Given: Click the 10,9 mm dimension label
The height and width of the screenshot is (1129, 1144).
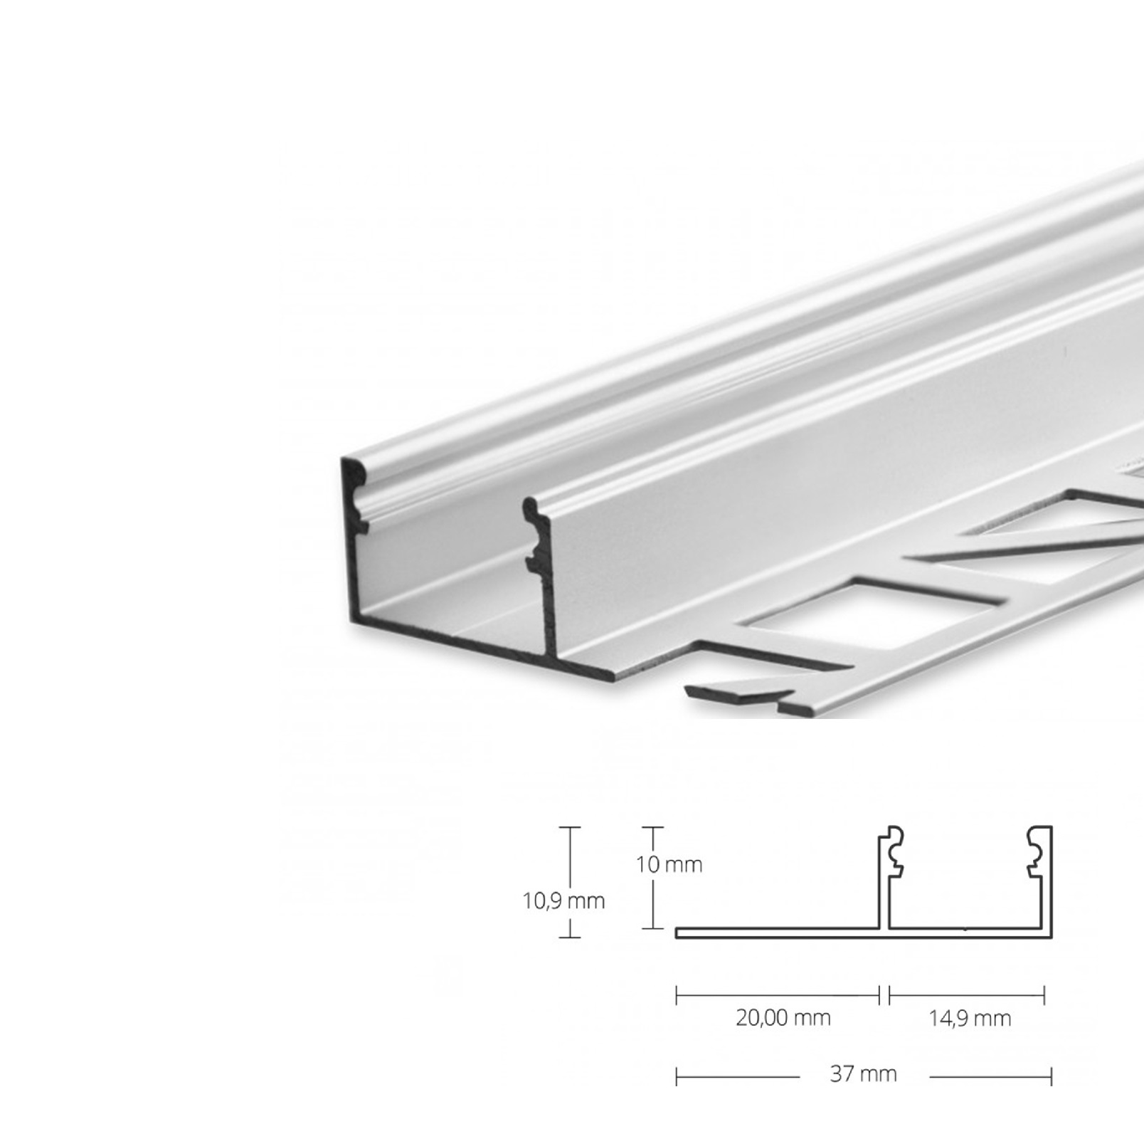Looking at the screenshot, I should pyautogui.click(x=563, y=900).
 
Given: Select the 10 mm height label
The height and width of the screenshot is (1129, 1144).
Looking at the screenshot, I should pyautogui.click(x=669, y=864).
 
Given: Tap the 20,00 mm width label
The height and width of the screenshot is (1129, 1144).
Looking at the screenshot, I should pyautogui.click(x=783, y=1018).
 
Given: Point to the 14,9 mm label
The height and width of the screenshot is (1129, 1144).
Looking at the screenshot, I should pyautogui.click(x=970, y=1019).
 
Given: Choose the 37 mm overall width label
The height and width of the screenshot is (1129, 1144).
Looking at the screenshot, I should pyautogui.click(x=863, y=1073).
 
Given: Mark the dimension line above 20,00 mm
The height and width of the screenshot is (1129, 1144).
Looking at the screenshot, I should pyautogui.click(x=778, y=994).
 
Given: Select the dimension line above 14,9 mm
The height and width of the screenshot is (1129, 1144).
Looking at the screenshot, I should pyautogui.click(x=967, y=994).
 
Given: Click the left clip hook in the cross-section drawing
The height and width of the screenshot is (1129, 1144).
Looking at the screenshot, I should pyautogui.click(x=894, y=851).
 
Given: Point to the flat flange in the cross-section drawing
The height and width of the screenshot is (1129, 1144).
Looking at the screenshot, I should pyautogui.click(x=775, y=933).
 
